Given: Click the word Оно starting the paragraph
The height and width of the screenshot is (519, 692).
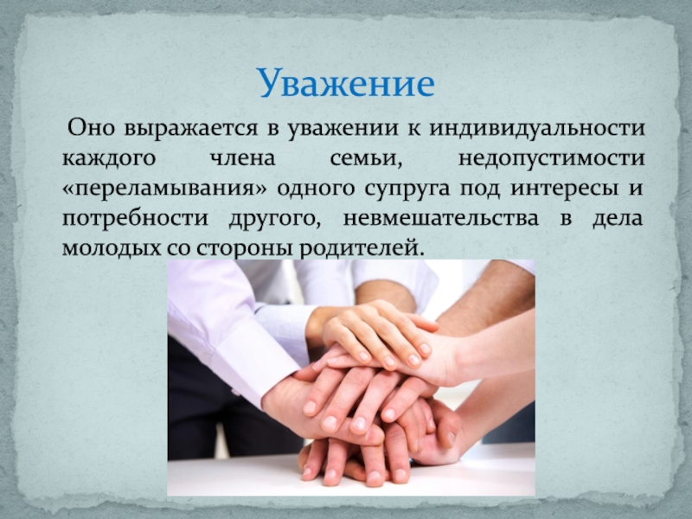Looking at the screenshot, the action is (91, 128).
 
